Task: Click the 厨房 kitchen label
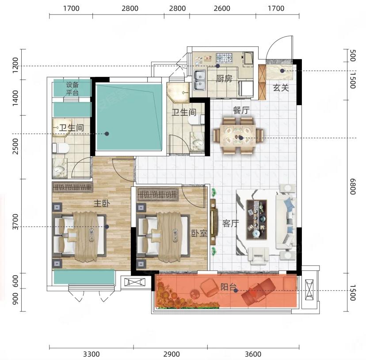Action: [224, 79]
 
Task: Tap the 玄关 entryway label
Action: [281, 88]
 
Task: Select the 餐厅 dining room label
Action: [241, 110]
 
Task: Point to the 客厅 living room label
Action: [231, 223]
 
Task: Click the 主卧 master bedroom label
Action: [102, 204]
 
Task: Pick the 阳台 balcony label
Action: [229, 287]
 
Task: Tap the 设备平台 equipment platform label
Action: [72, 89]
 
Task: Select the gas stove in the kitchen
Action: [224, 58]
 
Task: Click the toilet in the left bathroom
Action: [60, 148]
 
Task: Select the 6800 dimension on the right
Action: [353, 186]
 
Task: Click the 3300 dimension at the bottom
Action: [91, 354]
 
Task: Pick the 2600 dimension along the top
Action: [222, 8]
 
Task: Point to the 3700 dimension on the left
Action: [15, 222]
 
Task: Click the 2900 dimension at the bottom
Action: [172, 354]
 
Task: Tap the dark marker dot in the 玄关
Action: [282, 71]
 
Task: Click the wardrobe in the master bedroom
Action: [72, 187]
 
